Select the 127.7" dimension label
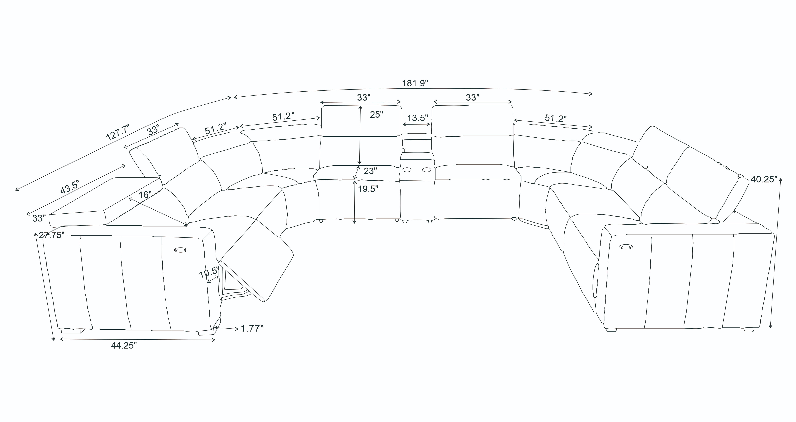tap(118, 132)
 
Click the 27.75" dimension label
tap(52, 235)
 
